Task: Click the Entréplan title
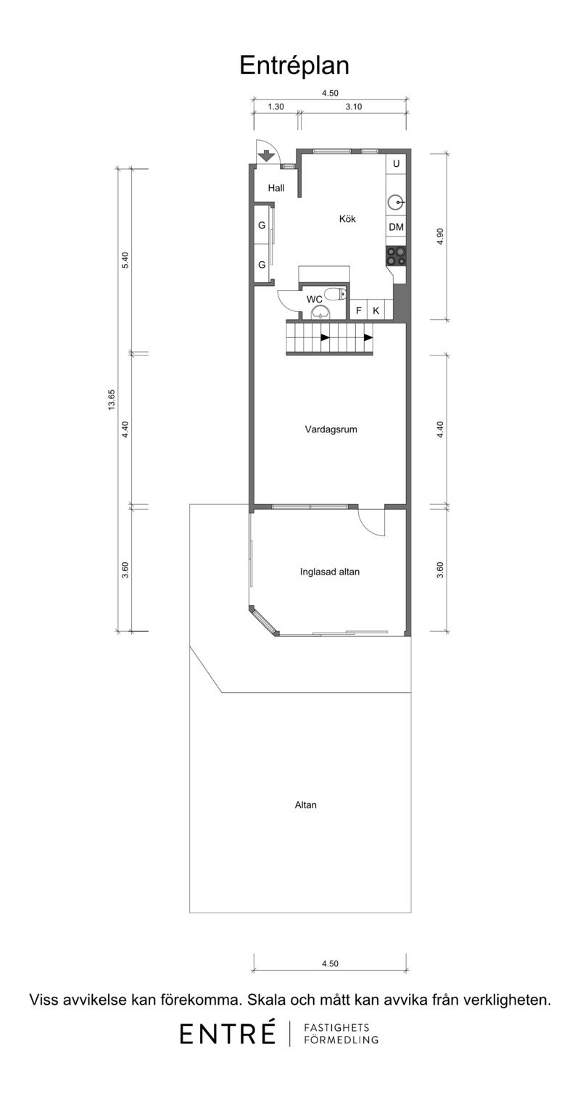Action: coord(294,65)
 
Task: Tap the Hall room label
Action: coord(275,187)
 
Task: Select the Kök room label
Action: coord(347,218)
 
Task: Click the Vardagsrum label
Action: coord(331,429)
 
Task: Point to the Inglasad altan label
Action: coord(329,572)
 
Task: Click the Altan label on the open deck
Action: coord(305,805)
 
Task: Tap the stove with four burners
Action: coord(396,256)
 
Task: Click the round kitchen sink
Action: coord(396,202)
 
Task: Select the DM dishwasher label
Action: coord(396,227)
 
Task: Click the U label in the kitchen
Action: coord(396,163)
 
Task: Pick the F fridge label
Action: coord(358,311)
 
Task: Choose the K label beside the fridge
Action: coord(376,311)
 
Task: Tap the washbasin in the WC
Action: coord(320,311)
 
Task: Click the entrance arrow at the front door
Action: coord(265,155)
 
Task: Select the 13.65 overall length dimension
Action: coord(112,400)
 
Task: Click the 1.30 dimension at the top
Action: coord(275,106)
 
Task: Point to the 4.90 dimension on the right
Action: coord(440,237)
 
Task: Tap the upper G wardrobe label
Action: coord(262,226)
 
